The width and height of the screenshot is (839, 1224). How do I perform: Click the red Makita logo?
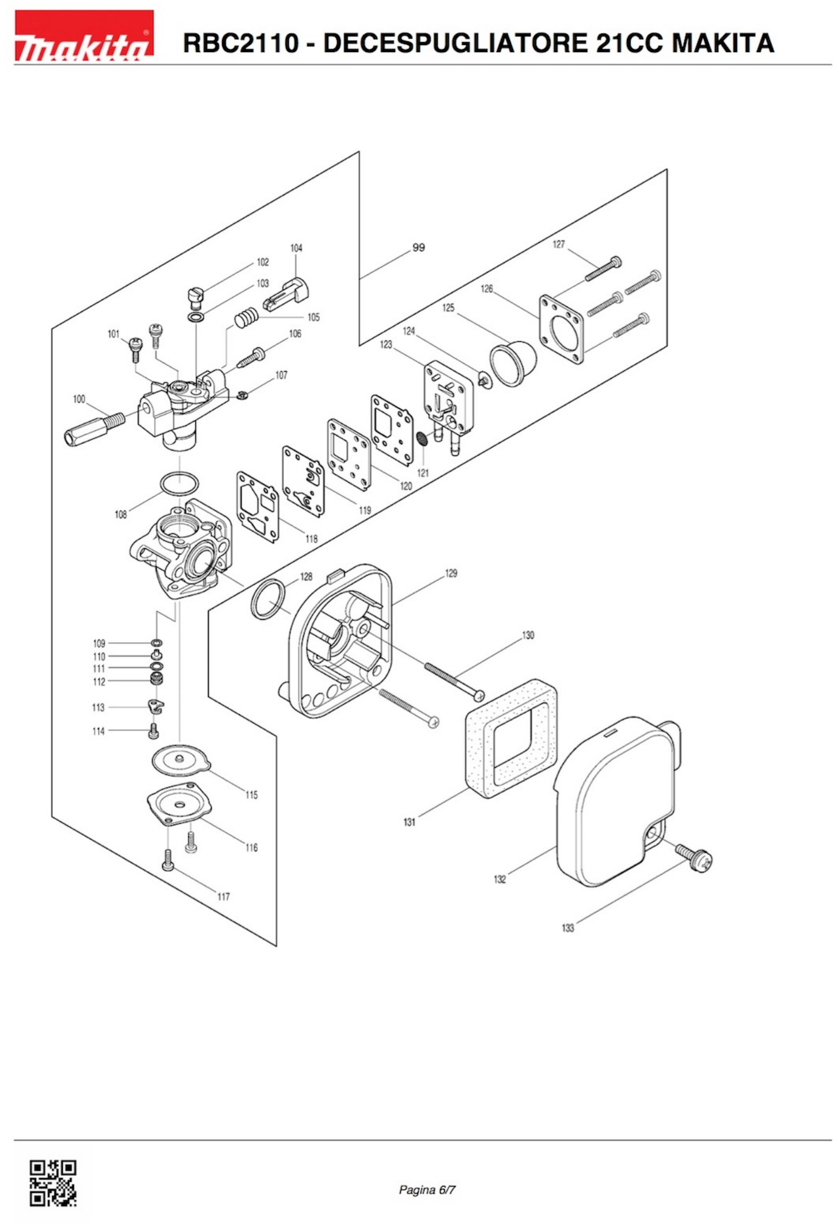click(84, 36)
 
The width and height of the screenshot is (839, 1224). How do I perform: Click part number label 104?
click(296, 248)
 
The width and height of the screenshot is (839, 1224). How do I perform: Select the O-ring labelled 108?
click(179, 484)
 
